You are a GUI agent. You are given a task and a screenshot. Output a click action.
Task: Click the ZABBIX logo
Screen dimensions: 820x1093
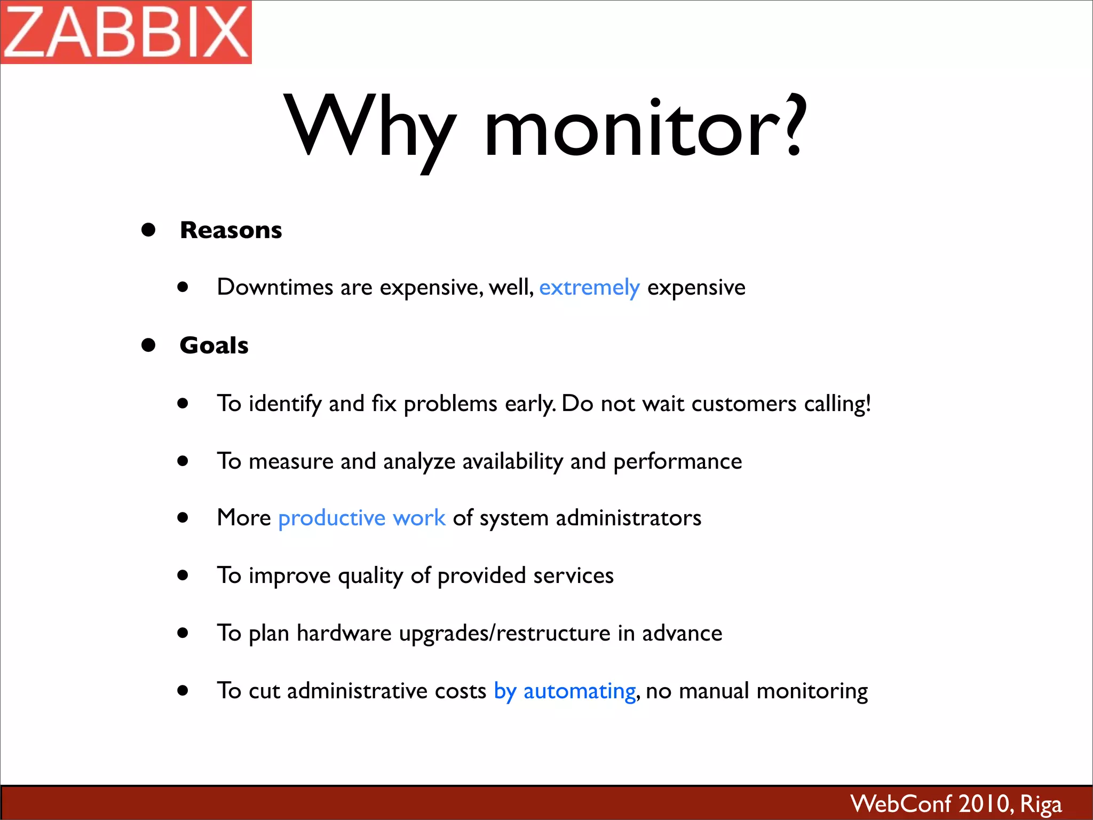[x=126, y=32]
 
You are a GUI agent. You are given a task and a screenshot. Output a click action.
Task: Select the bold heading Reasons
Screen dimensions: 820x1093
[x=231, y=230]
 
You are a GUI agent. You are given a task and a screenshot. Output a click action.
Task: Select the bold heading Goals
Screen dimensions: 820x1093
[x=214, y=345]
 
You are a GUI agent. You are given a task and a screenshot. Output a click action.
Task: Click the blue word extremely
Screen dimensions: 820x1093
[x=589, y=288]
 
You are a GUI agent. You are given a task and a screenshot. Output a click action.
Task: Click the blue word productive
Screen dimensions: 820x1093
[x=331, y=518]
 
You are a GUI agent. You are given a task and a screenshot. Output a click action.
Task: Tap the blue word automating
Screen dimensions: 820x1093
[x=579, y=691]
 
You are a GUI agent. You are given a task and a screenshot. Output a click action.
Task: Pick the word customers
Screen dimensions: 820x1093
[x=743, y=404]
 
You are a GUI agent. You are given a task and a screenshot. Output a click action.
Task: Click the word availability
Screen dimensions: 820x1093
[x=512, y=462]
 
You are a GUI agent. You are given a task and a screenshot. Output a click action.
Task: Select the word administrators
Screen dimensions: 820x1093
[x=628, y=518]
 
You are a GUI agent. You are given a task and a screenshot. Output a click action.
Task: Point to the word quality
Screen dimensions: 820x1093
[x=370, y=576]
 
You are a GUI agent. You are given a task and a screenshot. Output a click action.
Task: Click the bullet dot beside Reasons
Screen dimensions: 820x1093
[x=148, y=230]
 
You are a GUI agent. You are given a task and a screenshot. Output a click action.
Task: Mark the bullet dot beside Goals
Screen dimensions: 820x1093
[x=148, y=345]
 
